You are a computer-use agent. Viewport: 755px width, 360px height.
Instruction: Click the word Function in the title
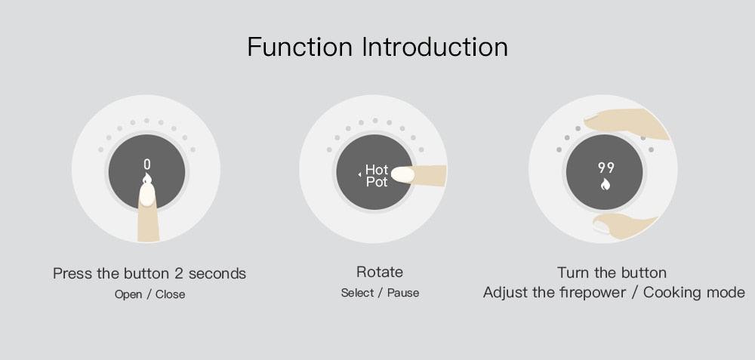(x=300, y=47)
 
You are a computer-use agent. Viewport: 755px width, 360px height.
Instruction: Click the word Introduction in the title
(x=436, y=47)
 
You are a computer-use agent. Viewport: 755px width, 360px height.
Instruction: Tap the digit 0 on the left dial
(x=147, y=165)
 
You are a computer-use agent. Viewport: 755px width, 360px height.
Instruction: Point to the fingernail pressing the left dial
(x=147, y=195)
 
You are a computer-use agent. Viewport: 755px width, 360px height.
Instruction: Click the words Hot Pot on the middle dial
(x=377, y=176)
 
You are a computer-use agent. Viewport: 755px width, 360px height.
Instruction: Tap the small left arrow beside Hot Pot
(x=359, y=174)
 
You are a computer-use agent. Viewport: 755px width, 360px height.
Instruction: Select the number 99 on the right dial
(x=606, y=168)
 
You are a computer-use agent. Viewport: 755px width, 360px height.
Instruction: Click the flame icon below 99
(x=606, y=184)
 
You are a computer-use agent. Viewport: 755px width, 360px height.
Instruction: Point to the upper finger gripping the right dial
(x=626, y=123)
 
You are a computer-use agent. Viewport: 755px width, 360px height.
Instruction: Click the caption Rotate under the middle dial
(x=380, y=272)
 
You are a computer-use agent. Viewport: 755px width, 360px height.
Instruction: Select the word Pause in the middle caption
(x=403, y=293)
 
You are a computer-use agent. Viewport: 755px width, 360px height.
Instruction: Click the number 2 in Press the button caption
(x=179, y=274)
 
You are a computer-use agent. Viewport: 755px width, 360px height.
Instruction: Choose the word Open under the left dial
(x=128, y=294)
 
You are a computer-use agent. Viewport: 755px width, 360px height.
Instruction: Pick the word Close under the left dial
(x=170, y=294)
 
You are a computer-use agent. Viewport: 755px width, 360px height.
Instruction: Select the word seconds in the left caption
(x=217, y=274)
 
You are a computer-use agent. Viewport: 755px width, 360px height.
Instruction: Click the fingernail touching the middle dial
(x=402, y=174)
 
